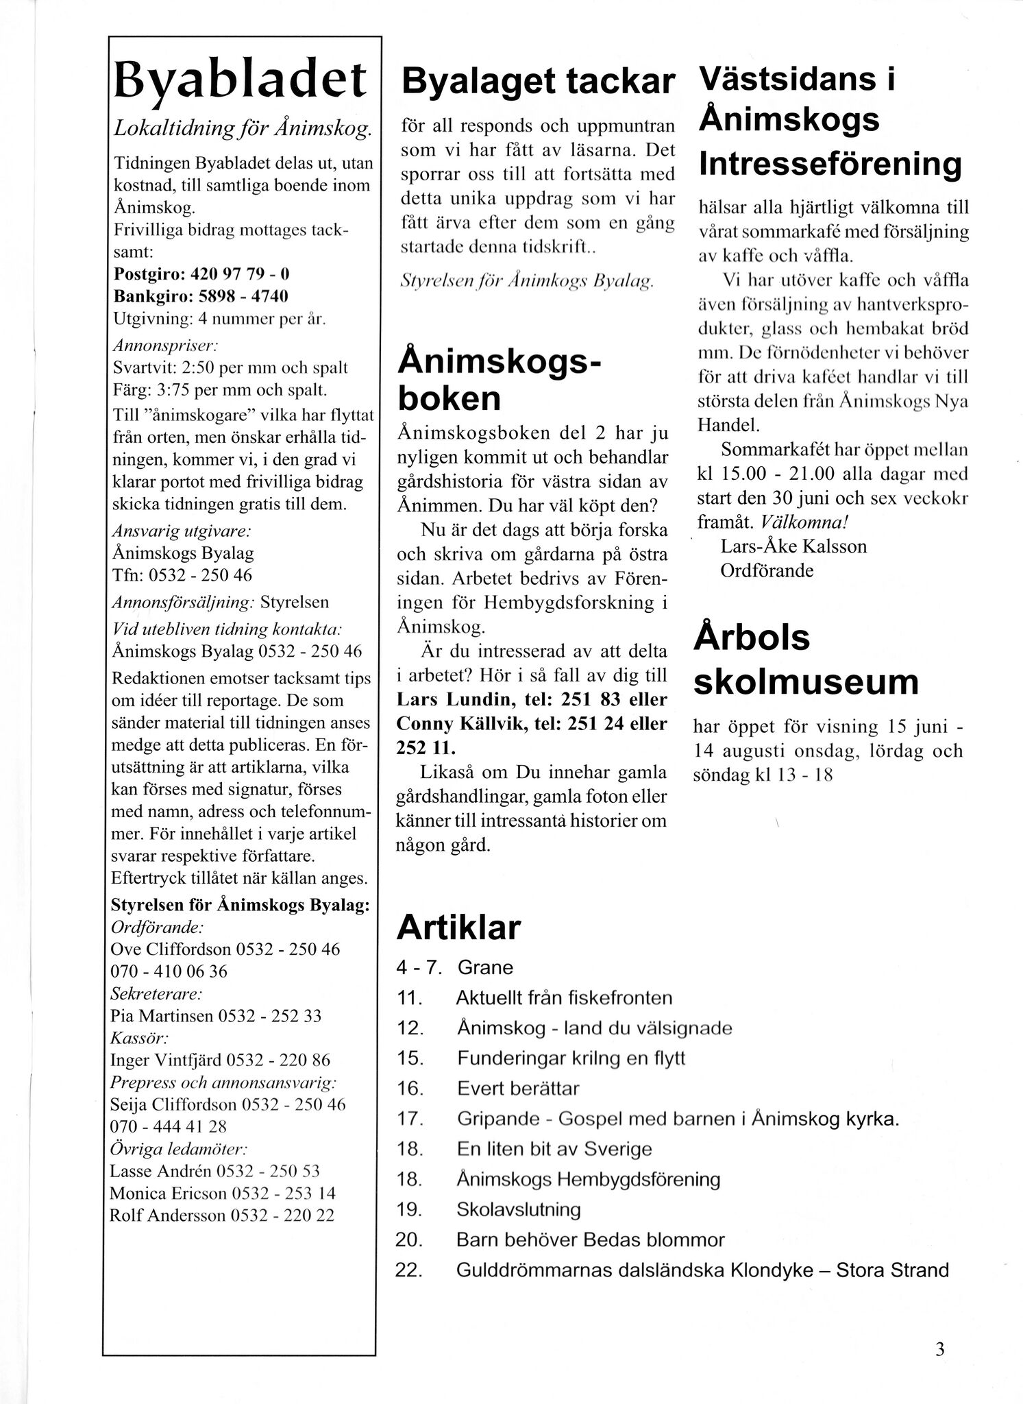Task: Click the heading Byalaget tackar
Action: coord(538,81)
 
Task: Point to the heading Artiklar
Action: coord(458,927)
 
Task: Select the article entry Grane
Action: coord(485,967)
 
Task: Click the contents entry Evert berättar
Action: coord(518,1088)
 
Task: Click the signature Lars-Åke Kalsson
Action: coord(793,546)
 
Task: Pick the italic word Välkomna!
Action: coord(800,522)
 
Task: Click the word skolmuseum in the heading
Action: coord(806,681)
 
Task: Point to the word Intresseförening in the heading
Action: coord(829,164)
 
